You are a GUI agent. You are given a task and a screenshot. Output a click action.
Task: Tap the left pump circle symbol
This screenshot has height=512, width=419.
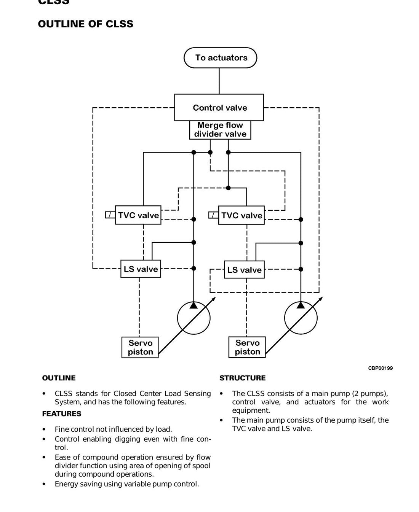point(177,318)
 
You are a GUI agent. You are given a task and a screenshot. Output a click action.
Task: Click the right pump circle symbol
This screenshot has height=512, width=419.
point(285,318)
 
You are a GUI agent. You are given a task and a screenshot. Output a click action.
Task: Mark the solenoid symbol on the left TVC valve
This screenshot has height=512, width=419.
point(110,215)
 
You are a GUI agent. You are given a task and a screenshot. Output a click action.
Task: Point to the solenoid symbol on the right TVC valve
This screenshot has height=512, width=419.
point(214,215)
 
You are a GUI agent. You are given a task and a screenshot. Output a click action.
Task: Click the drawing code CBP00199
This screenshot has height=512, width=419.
point(380,368)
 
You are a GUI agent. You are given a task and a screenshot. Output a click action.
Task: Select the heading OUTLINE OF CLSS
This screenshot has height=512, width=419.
point(86,24)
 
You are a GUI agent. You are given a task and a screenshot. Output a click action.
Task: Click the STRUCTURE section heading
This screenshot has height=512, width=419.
point(243,378)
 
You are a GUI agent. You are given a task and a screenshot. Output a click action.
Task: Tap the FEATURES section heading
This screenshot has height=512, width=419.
point(62,414)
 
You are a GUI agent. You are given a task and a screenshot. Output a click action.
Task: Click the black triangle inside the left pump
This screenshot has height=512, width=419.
point(194,305)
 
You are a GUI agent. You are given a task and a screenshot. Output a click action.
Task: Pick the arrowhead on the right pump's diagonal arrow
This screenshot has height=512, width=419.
point(321,299)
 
